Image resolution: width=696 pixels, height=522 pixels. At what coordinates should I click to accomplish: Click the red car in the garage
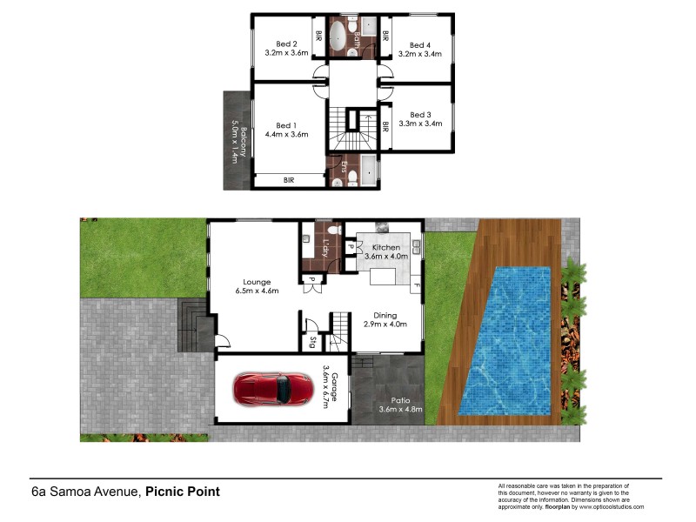pos(272,389)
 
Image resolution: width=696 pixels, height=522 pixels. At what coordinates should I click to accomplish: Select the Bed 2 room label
pos(286,44)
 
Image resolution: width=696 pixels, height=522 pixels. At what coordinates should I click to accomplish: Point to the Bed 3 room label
pos(420,114)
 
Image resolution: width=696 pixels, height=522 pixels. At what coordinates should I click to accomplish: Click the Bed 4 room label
pos(420,44)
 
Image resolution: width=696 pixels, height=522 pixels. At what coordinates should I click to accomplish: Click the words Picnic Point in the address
pos(182,492)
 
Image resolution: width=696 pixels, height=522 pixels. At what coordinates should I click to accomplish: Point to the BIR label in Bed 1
pos(288,180)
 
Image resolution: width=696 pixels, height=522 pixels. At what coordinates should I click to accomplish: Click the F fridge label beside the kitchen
pos(417,286)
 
